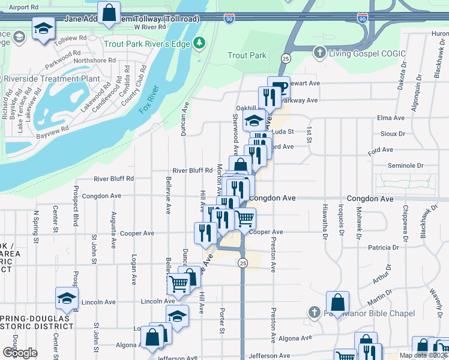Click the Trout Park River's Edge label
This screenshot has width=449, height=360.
pyautogui.click(x=146, y=44)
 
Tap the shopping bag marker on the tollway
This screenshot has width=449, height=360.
pyautogui.click(x=109, y=13)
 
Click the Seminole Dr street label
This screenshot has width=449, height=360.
pyautogui.click(x=406, y=166)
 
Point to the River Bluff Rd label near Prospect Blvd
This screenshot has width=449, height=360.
pyautogui.click(x=113, y=178)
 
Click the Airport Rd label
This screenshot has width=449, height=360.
pyautogui.click(x=24, y=7)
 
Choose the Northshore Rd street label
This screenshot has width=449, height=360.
pyautogui.click(x=95, y=60)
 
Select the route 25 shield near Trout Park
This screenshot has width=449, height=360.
pyautogui.click(x=286, y=58)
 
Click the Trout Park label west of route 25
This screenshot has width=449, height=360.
pyautogui.click(x=247, y=56)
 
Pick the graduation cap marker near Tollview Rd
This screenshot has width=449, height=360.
pyautogui.click(x=44, y=29)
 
